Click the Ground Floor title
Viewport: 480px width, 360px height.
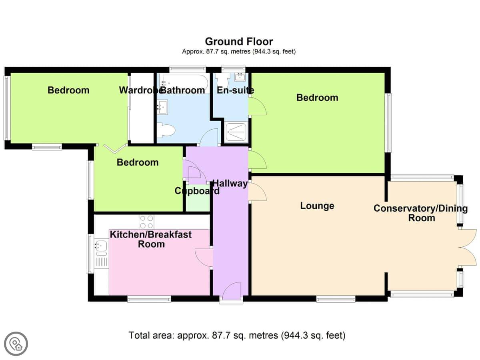[239, 42]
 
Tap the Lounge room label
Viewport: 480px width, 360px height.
[317, 206]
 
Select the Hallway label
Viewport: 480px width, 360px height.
[230, 183]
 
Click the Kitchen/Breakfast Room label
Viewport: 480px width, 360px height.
[151, 239]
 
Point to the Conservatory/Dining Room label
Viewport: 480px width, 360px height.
[420, 213]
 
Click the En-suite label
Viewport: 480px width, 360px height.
[235, 90]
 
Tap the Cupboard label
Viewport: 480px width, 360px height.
[197, 191]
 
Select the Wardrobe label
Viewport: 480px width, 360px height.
[140, 90]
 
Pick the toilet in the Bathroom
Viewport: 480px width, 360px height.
[166, 130]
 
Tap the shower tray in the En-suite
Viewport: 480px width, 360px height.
[236, 132]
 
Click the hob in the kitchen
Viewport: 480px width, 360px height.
[146, 222]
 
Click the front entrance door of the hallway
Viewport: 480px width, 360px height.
[231, 290]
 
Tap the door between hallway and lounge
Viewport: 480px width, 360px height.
[257, 192]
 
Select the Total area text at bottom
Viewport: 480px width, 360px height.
[237, 335]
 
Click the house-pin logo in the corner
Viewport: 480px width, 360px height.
[16, 344]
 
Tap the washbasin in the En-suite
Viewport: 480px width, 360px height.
[240, 77]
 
